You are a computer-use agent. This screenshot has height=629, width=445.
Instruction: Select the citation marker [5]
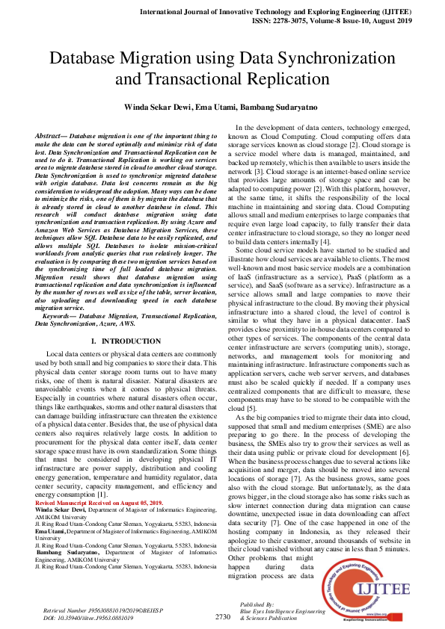click(251, 409)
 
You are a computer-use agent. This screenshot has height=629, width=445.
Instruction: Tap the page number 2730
click(223, 617)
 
